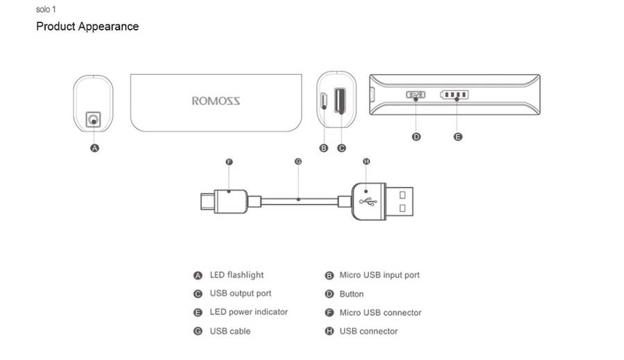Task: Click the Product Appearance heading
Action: click(87, 27)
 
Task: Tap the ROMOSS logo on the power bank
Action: click(216, 101)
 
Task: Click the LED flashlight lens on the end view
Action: click(93, 120)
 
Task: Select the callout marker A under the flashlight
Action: click(95, 148)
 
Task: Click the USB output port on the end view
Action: click(340, 101)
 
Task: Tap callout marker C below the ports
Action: click(341, 148)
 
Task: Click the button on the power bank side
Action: click(415, 95)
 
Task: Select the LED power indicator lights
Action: click(455, 95)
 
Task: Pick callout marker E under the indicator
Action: click(458, 137)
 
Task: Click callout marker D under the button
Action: click(416, 137)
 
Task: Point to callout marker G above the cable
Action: click(298, 162)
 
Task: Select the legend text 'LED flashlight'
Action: click(236, 275)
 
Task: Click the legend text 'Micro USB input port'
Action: click(379, 275)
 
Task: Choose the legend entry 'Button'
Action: click(352, 294)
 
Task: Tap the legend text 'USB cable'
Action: click(230, 332)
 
